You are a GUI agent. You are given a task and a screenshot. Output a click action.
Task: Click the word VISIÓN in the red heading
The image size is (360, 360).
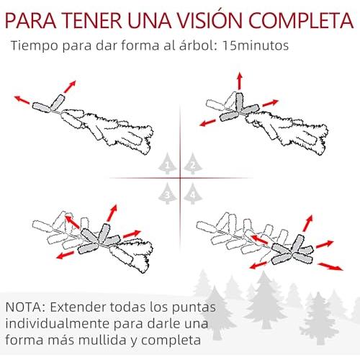click(210, 21)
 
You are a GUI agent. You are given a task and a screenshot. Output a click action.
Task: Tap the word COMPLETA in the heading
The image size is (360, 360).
click(302, 21)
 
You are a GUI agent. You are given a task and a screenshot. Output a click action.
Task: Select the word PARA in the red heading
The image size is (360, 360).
click(30, 21)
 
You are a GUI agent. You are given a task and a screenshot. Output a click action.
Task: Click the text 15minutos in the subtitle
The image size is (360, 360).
click(256, 45)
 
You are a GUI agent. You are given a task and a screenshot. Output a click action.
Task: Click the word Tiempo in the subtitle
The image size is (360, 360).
click(35, 46)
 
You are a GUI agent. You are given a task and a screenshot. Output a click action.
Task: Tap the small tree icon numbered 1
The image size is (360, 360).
click(167, 163)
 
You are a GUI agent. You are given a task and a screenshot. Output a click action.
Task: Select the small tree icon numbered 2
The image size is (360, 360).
click(193, 163)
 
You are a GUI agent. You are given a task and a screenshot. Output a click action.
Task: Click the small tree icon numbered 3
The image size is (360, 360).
click(167, 193)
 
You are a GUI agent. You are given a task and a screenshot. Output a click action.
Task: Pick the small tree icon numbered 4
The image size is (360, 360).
click(193, 193)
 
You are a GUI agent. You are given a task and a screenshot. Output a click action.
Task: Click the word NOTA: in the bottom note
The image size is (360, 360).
click(25, 307)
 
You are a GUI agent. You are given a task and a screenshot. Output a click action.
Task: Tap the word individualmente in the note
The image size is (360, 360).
click(58, 323)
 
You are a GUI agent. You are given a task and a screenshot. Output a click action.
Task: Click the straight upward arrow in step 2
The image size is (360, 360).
click(240, 81)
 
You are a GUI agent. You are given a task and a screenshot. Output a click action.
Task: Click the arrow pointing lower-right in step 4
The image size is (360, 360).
click(330, 266)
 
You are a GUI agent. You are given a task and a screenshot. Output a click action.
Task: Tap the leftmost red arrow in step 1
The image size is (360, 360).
click(22, 99)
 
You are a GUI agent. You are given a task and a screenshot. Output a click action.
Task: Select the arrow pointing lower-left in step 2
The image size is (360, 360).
click(208, 123)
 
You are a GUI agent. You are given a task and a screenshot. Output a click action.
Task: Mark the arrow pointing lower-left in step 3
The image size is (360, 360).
click(66, 255)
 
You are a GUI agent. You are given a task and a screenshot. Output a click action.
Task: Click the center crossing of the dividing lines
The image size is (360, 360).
click(180, 178)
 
